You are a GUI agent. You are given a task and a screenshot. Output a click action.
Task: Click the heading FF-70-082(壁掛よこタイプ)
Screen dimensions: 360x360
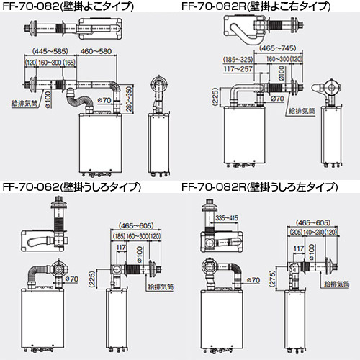68,6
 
